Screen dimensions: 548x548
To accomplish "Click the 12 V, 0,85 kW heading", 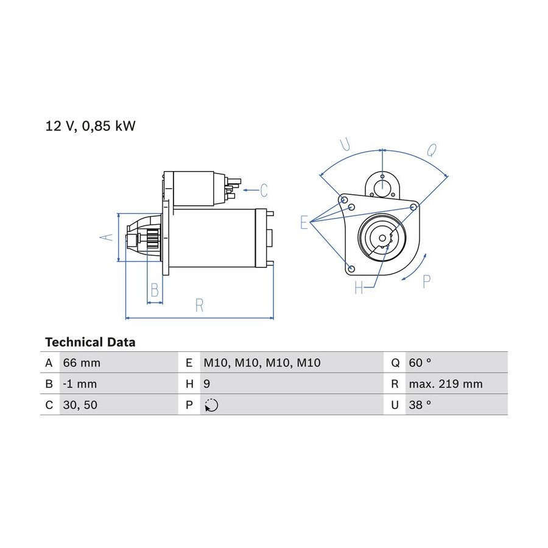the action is pos(90,126).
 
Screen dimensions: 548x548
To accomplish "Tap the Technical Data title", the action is pos(90,342).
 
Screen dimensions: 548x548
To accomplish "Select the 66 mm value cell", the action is pos(82,363).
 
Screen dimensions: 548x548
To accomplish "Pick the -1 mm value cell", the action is pos(80,384).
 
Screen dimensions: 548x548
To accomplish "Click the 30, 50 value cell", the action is pos(80,405).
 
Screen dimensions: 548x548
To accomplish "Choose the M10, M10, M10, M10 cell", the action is pos(262,363).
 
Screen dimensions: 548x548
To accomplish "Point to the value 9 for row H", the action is pos(206,384).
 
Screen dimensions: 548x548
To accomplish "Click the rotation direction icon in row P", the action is pos(211,405).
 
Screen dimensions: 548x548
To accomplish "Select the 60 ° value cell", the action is pos(420,363).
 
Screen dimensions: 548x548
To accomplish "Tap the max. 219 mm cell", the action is pos(446,384).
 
